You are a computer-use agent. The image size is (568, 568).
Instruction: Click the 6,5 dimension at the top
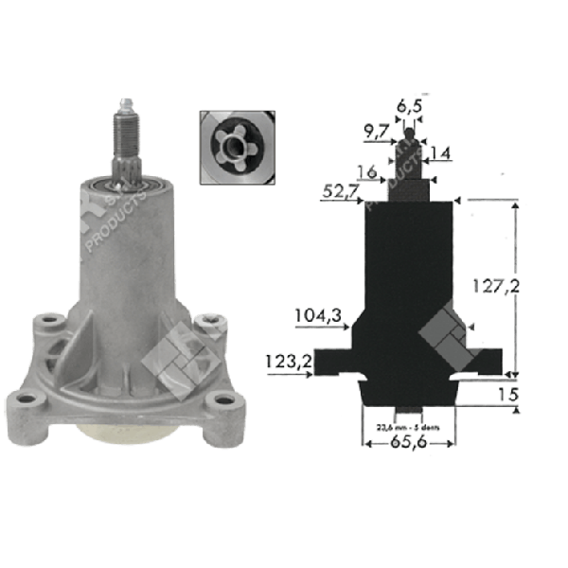tap(409, 107)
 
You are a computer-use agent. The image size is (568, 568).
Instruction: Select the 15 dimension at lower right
tap(508, 391)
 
